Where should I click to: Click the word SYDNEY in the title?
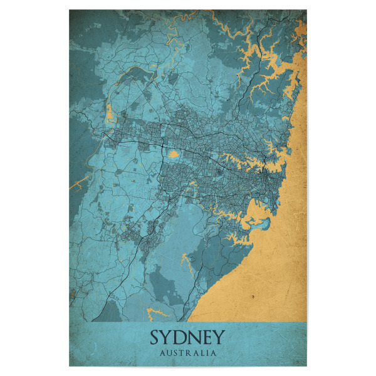pyautogui.click(x=187, y=338)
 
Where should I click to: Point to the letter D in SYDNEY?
pyautogui.click(x=181, y=338)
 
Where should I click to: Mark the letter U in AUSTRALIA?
pyautogui.click(x=170, y=353)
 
